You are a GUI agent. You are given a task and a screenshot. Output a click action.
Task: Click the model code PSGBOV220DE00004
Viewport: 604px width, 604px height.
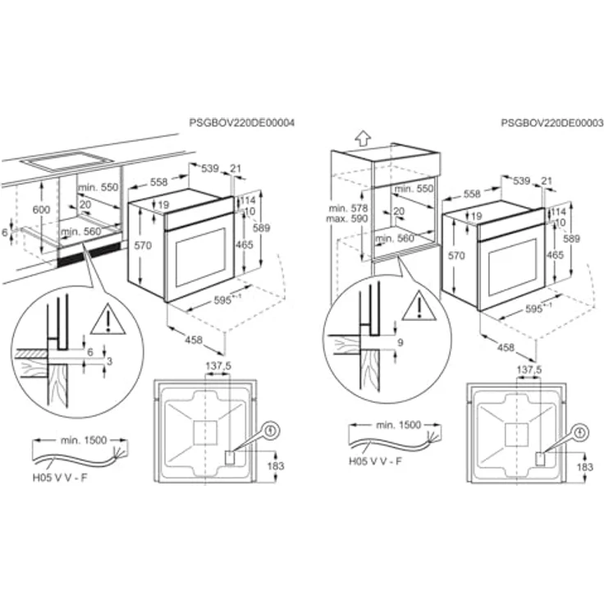(242, 122)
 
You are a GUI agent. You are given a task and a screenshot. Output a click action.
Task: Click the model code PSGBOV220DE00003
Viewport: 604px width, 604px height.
(551, 122)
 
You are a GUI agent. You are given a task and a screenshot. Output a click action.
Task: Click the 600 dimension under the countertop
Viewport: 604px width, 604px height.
(41, 210)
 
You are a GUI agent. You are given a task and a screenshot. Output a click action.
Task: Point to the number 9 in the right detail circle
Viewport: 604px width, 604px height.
(400, 343)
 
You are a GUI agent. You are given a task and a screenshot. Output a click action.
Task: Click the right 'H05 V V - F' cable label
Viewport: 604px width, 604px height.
(376, 462)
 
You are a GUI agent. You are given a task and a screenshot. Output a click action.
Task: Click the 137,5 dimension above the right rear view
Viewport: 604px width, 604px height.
(529, 371)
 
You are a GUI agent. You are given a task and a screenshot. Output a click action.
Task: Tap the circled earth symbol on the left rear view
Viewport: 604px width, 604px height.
(271, 428)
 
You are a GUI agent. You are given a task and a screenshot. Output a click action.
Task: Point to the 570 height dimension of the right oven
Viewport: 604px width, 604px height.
(456, 256)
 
